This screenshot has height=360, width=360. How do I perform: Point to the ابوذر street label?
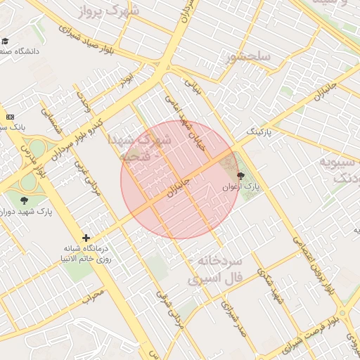point(127,80)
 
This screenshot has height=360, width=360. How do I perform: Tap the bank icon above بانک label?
point(10,117)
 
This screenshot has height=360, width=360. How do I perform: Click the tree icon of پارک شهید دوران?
point(25,202)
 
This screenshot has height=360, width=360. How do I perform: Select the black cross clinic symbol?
point(86,238)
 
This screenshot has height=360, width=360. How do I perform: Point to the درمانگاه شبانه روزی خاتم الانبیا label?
point(86,253)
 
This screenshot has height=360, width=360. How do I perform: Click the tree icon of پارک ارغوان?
point(241,176)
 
